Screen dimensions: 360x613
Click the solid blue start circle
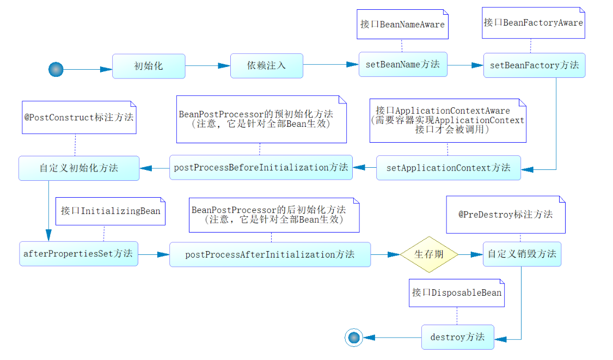[56, 69]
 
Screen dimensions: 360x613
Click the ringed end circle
[354, 338]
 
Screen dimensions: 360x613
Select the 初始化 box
[149, 66]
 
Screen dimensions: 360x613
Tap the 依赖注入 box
[267, 66]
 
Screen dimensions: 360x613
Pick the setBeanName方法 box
[403, 64]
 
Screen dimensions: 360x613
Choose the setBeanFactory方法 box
[534, 65]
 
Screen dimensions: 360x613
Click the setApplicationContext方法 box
[448, 168]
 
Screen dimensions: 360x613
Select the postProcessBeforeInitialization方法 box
[261, 167]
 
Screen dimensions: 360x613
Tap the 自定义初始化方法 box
[78, 168]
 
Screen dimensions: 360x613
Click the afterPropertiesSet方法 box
[78, 254]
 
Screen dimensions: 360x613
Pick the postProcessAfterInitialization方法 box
[270, 254]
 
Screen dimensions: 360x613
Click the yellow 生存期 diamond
[430, 254]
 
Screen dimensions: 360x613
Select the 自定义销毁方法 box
[522, 254]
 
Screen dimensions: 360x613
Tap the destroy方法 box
[457, 337]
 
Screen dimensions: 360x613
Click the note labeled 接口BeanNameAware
[402, 25]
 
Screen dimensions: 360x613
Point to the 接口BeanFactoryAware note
[534, 23]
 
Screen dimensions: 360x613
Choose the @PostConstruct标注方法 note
[79, 117]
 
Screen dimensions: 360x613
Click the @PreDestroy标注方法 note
[506, 215]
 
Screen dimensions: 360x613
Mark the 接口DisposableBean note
[457, 293]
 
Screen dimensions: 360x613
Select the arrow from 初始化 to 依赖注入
[207, 66]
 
